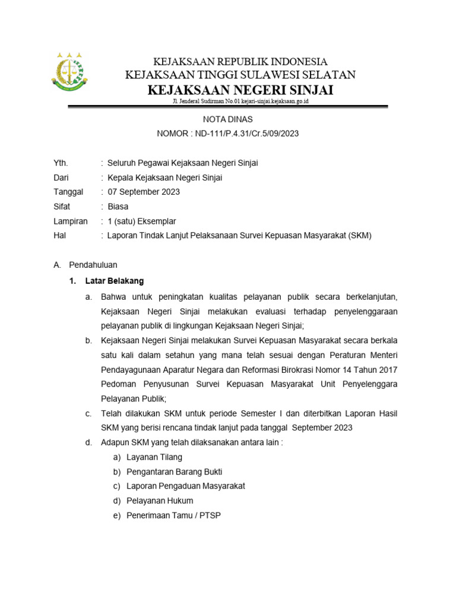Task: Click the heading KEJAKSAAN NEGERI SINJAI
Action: point(240,90)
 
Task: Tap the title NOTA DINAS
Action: point(228,119)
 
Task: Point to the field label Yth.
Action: point(61,163)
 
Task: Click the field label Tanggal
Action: point(68,192)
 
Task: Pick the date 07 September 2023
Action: point(143,192)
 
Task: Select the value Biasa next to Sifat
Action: point(119,207)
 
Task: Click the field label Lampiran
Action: point(70,221)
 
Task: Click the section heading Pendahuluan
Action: point(93,265)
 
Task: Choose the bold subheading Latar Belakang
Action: point(115,280)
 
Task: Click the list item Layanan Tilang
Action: point(154,457)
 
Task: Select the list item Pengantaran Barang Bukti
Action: point(175,471)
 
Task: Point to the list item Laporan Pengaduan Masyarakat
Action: point(186,486)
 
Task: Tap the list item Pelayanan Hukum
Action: point(160,501)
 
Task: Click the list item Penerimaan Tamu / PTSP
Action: point(173,515)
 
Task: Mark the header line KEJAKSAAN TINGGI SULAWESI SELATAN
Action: point(240,75)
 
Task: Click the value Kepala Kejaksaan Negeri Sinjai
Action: point(164,178)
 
